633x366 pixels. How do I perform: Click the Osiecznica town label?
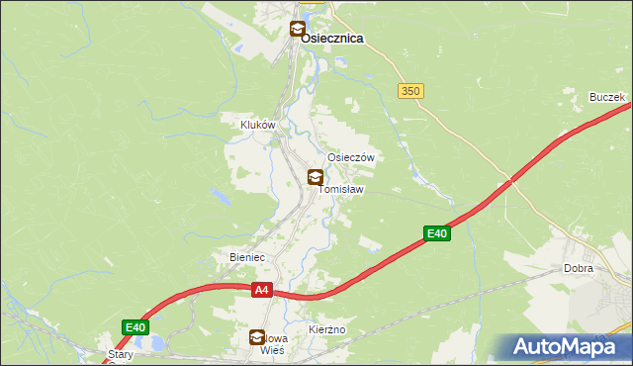click(331, 38)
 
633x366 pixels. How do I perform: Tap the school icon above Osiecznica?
click(297, 29)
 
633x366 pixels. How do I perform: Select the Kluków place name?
click(257, 126)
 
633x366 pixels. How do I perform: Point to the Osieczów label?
click(350, 157)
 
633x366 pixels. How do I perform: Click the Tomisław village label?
click(343, 189)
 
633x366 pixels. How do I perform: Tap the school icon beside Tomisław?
click(315, 178)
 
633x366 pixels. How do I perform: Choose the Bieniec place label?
click(247, 257)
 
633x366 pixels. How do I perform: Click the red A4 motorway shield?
click(261, 290)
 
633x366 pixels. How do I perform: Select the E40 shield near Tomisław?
click(437, 233)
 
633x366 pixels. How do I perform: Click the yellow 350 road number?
click(411, 90)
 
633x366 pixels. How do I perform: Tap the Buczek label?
click(606, 97)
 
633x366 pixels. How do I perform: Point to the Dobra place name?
click(578, 268)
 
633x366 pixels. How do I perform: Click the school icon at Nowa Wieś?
click(257, 337)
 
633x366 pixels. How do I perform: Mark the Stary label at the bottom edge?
click(121, 353)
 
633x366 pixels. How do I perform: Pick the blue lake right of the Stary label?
click(156, 344)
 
